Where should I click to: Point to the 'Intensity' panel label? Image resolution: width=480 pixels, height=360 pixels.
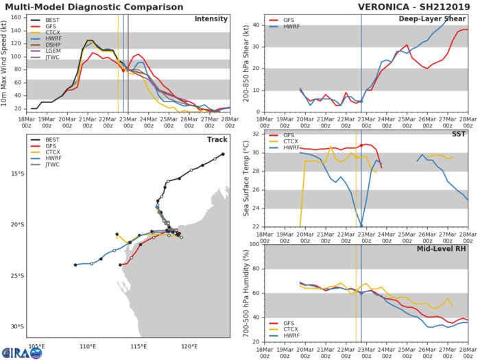point(213,19)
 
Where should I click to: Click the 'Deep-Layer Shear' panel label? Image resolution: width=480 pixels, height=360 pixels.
point(436,19)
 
